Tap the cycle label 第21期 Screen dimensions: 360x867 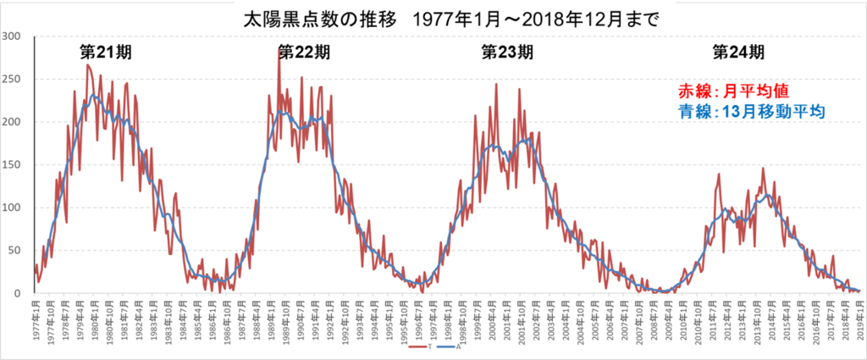pos(106,52)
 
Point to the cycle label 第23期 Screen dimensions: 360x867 pos(507,52)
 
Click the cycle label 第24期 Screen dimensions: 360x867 pos(738,52)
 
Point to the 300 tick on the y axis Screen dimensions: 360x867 pos(13,36)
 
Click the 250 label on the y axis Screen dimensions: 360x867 pos(13,79)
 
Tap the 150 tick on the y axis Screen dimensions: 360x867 pos(13,165)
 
